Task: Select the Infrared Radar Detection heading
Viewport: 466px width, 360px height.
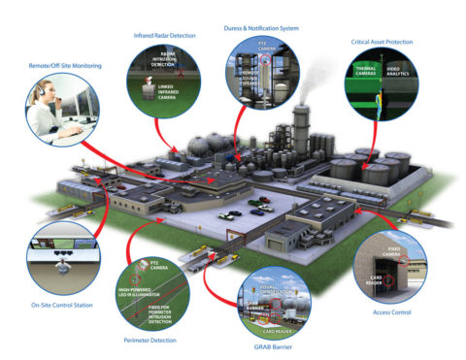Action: (164, 36)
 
